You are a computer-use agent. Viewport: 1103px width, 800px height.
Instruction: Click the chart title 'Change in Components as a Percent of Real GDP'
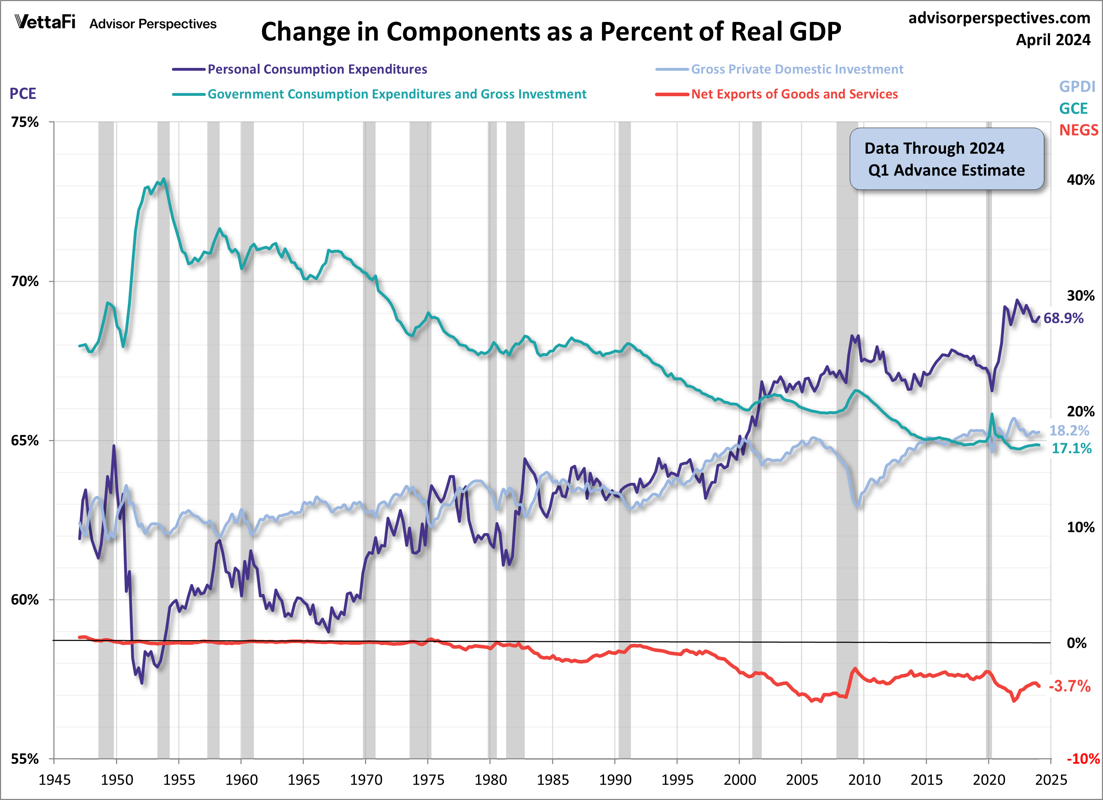click(x=551, y=32)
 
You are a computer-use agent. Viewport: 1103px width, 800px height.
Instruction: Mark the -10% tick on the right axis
click(x=1082, y=759)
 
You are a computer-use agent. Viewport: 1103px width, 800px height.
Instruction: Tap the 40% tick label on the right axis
click(x=1080, y=180)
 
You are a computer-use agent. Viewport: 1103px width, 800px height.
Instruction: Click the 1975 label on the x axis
click(x=428, y=780)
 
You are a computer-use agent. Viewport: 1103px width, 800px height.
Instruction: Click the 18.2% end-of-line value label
click(x=1069, y=430)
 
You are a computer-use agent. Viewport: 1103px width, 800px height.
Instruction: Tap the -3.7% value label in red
click(x=1069, y=686)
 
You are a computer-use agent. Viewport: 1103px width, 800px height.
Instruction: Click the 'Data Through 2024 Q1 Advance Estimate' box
click(x=946, y=159)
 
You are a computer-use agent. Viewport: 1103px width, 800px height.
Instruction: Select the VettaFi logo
click(x=45, y=22)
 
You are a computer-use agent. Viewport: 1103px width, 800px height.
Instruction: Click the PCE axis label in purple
click(x=23, y=93)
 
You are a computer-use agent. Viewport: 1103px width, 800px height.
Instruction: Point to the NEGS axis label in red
click(x=1078, y=131)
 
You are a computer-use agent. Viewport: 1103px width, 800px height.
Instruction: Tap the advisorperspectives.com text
click(x=999, y=18)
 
